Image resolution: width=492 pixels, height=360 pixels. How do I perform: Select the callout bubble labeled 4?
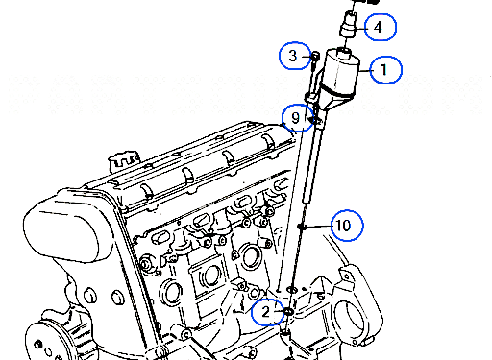point(379,28)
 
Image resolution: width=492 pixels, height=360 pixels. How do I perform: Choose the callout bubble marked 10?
point(346,225)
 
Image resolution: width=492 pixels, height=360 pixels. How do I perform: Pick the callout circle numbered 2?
point(266,311)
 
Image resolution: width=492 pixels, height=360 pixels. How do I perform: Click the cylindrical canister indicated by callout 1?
point(341,69)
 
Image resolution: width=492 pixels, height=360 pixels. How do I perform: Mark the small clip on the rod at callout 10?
point(303,228)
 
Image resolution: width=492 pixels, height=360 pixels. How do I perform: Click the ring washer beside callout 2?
point(287,311)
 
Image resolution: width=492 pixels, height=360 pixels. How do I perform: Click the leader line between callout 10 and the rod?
point(318,227)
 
